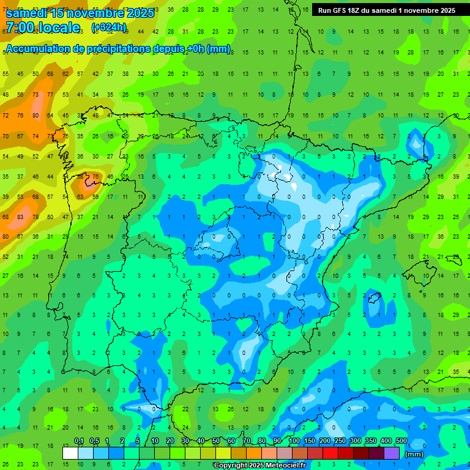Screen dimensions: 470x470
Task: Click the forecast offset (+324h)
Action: click(108, 28)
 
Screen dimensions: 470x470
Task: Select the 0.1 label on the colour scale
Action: click(79, 441)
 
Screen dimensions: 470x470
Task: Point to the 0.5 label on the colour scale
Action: click(94, 441)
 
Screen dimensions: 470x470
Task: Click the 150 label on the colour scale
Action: click(310, 441)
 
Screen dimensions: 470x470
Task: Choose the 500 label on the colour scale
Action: click(401, 441)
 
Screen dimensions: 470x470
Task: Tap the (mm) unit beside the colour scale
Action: click(414, 454)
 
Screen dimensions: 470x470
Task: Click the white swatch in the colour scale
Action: click(70, 453)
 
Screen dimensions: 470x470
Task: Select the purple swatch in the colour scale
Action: click(392, 453)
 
